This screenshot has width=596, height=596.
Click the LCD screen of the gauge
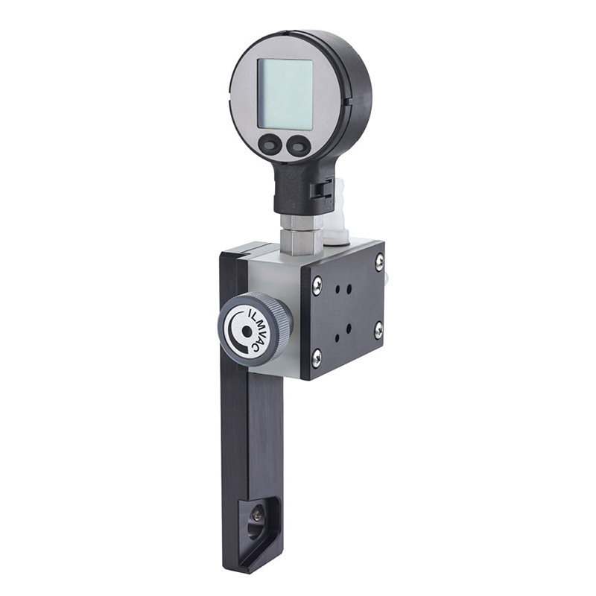(285, 94)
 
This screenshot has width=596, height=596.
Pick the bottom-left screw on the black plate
(316, 357)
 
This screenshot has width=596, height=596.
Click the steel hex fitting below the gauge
(302, 234)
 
